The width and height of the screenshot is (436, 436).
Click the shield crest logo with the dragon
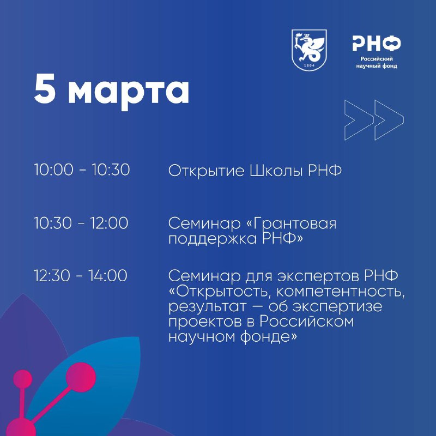pos(309,50)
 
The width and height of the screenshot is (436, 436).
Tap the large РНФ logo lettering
pos(377,44)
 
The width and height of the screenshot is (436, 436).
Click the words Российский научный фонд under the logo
pos(377,63)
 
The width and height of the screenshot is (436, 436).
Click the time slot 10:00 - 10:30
pos(82,169)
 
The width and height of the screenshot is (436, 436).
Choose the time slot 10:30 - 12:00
pos(81,223)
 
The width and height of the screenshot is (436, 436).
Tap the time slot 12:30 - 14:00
pos(80,275)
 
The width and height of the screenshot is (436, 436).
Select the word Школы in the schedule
pos(276,171)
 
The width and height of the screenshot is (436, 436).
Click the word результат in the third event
pos(208,307)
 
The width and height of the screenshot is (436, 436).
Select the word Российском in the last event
pos(307,322)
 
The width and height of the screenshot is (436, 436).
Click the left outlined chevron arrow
pos(359,119)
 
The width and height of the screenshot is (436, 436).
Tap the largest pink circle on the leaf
pos(81,377)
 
